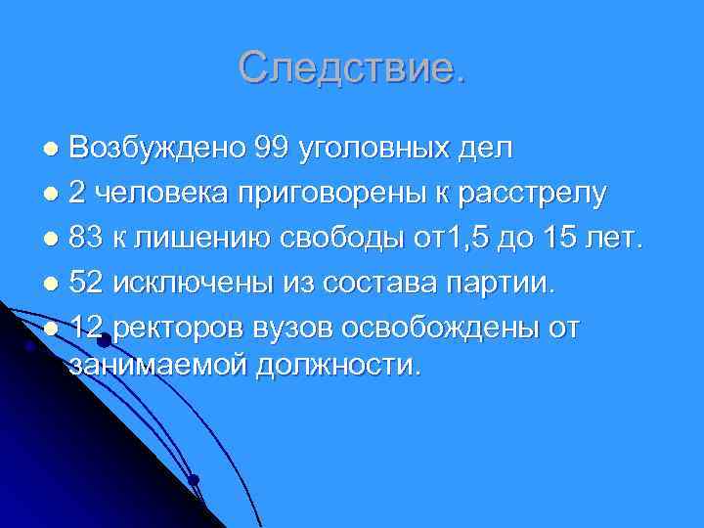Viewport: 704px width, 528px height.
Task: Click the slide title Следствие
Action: (352, 67)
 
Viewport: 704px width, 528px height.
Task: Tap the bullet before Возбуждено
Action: (53, 152)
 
